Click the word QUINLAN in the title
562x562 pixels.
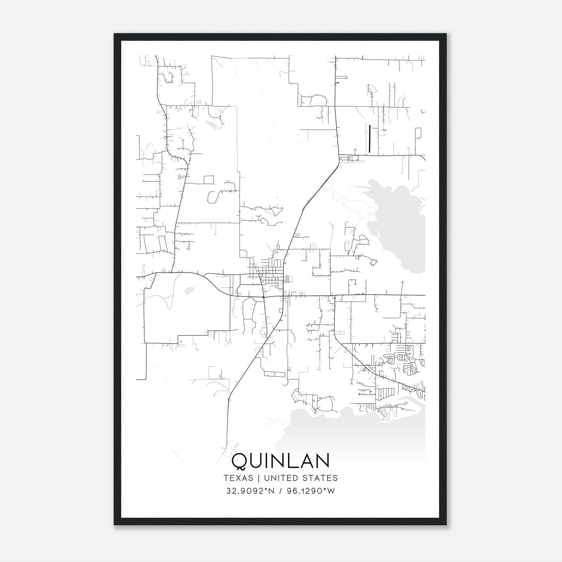point(281,461)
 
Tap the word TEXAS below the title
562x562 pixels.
point(238,478)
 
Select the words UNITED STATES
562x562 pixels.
point(301,478)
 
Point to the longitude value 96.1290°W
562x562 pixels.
point(311,491)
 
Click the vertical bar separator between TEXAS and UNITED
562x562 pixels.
point(258,478)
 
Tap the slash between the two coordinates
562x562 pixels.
point(280,491)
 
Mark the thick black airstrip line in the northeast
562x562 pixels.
point(370,138)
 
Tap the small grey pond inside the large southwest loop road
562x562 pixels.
point(189,290)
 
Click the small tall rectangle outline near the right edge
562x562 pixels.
point(418,133)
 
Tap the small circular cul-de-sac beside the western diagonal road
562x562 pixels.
point(179,178)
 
